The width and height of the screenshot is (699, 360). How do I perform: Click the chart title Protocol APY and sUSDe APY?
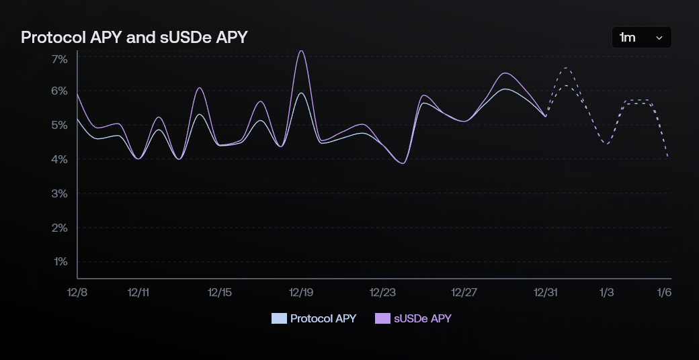(x=134, y=38)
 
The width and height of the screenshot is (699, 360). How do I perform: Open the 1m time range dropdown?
(x=641, y=38)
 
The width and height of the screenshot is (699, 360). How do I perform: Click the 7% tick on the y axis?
(x=59, y=59)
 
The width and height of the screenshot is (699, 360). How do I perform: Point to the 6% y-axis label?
(x=59, y=91)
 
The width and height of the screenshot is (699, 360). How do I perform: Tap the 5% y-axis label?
(x=59, y=125)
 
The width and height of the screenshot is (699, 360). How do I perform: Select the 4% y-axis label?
(x=59, y=159)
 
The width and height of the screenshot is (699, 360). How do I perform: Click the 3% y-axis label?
(x=59, y=193)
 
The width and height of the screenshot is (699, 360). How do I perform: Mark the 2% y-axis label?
(x=59, y=228)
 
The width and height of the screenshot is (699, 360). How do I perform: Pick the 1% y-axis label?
(x=59, y=261)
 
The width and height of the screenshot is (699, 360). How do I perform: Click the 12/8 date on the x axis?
(x=77, y=292)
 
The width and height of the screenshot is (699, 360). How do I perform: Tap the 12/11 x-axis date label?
(x=138, y=292)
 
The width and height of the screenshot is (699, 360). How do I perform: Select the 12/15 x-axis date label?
(x=220, y=292)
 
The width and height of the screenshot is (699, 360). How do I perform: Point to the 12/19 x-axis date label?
(x=301, y=292)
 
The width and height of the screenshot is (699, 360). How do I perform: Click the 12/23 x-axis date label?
(x=382, y=292)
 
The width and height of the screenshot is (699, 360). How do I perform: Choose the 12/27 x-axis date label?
(x=464, y=292)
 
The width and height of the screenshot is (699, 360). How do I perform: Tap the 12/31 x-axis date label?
(x=545, y=292)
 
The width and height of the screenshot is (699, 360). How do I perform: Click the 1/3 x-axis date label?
(x=606, y=292)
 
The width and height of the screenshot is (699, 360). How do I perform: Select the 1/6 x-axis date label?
(x=664, y=292)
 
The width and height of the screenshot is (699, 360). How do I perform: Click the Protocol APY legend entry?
(x=314, y=318)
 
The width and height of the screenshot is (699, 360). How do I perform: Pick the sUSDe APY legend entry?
(x=413, y=318)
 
